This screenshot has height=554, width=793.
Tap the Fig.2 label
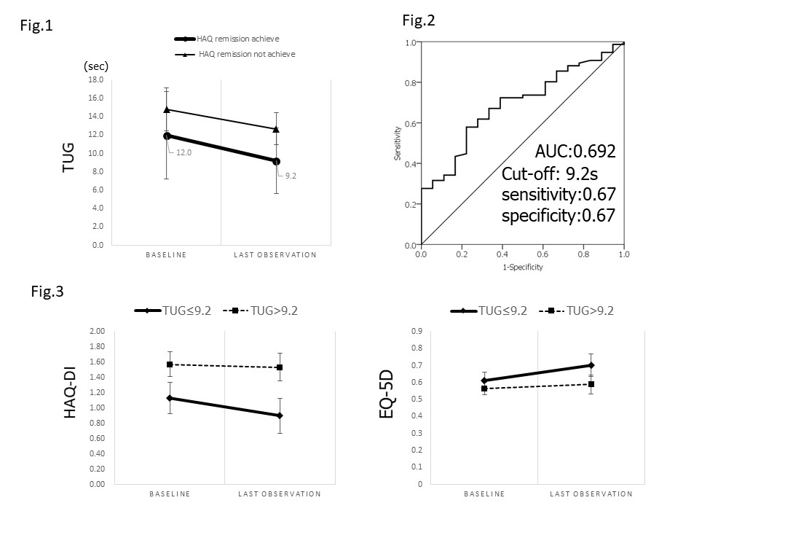tap(419, 20)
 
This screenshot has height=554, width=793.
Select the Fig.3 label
tap(47, 292)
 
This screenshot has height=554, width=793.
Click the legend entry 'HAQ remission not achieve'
tap(246, 54)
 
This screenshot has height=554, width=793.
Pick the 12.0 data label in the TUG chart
tap(184, 152)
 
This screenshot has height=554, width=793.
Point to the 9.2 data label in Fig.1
tap(291, 176)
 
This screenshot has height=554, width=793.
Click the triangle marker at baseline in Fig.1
tap(167, 109)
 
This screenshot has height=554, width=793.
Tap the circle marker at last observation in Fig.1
tap(277, 161)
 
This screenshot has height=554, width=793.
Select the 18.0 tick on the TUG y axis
tap(96, 79)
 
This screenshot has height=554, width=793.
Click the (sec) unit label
tap(97, 66)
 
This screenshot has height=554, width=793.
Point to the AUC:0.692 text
tap(575, 152)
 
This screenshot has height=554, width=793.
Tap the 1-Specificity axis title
tap(522, 267)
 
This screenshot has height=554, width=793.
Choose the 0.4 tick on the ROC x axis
tap(502, 254)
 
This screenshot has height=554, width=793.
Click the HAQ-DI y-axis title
tap(71, 401)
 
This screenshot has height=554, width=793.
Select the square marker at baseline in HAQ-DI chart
tap(170, 364)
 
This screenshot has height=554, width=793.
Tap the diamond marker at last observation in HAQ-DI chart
tap(280, 415)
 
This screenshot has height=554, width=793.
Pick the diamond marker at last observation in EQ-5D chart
tap(591, 365)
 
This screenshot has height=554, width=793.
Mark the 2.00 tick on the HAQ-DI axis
tap(97, 331)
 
